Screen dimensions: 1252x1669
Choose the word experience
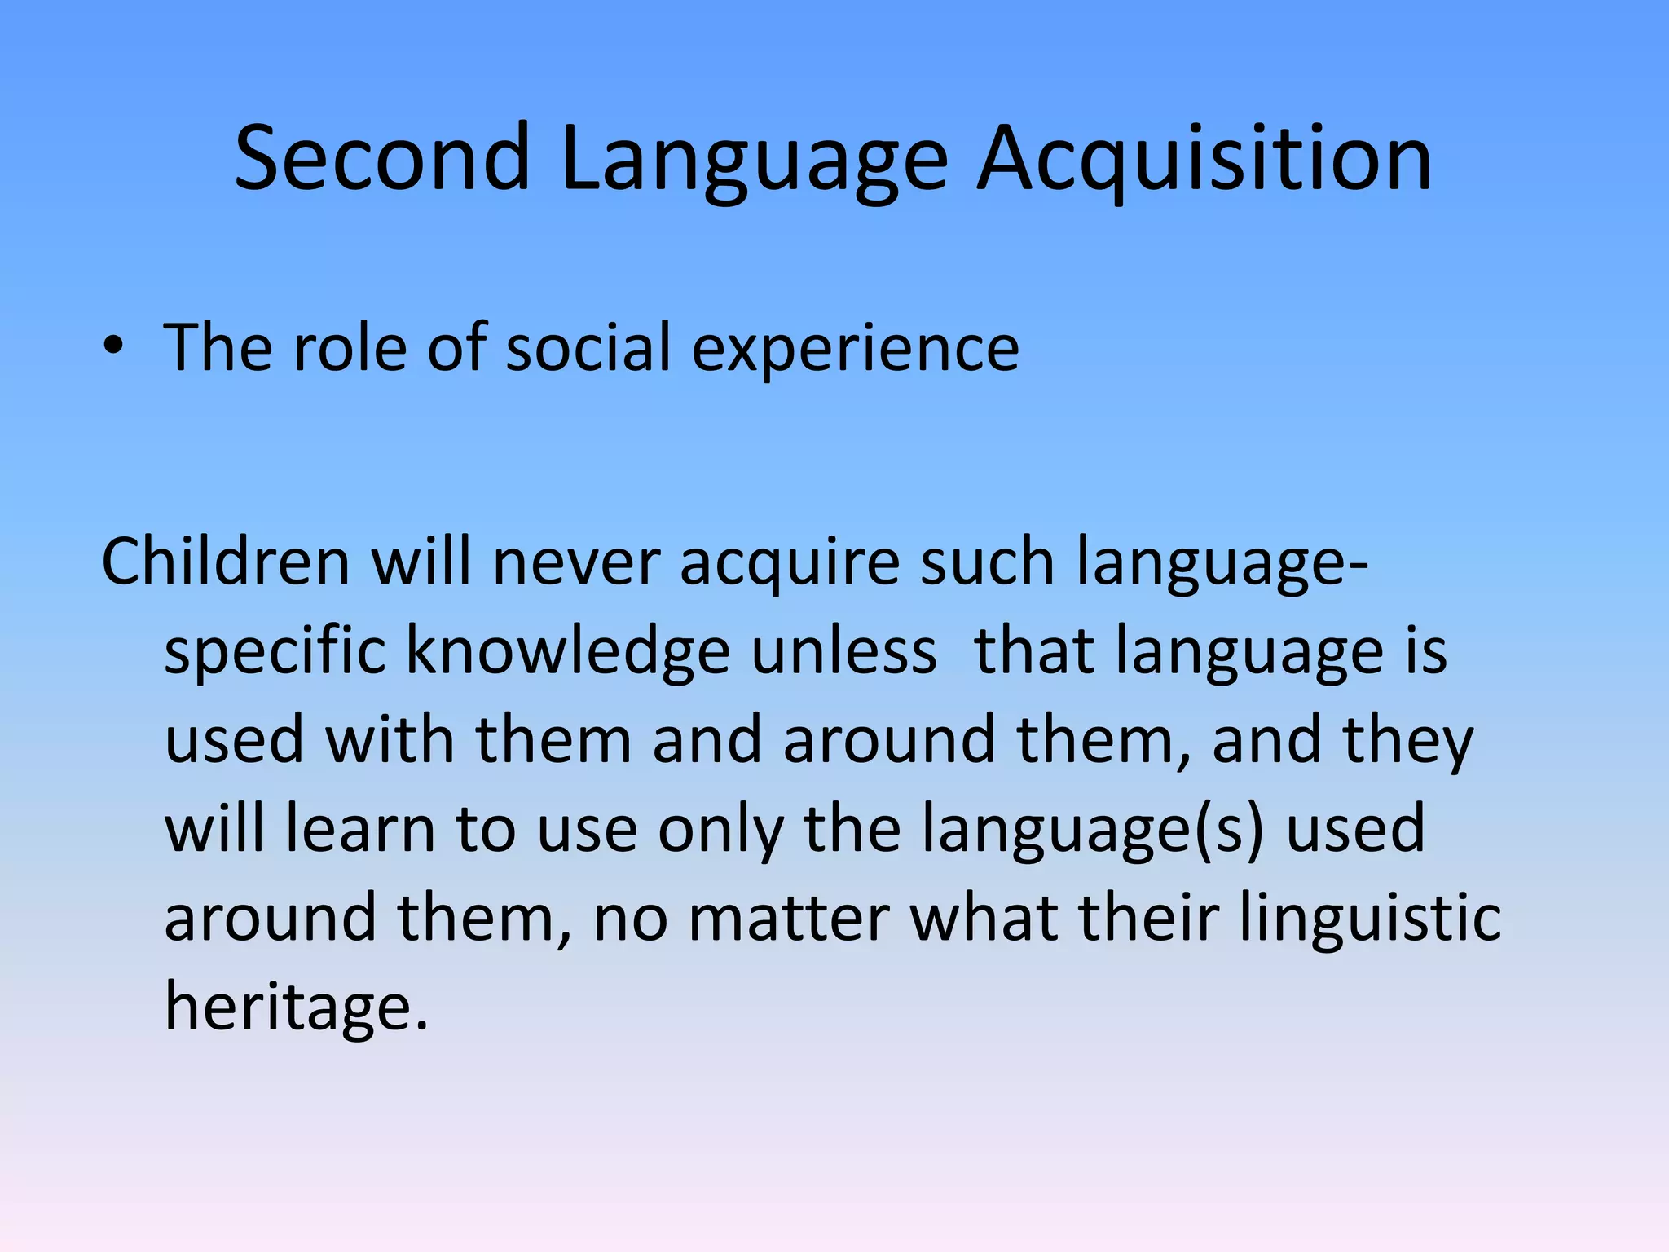pyautogui.click(x=855, y=347)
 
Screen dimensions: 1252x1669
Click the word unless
pyautogui.click(x=844, y=651)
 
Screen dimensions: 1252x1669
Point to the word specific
pyautogui.click(x=275, y=651)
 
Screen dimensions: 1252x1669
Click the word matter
pyautogui.click(x=789, y=918)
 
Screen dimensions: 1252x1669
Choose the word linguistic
pyautogui.click(x=1370, y=918)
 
